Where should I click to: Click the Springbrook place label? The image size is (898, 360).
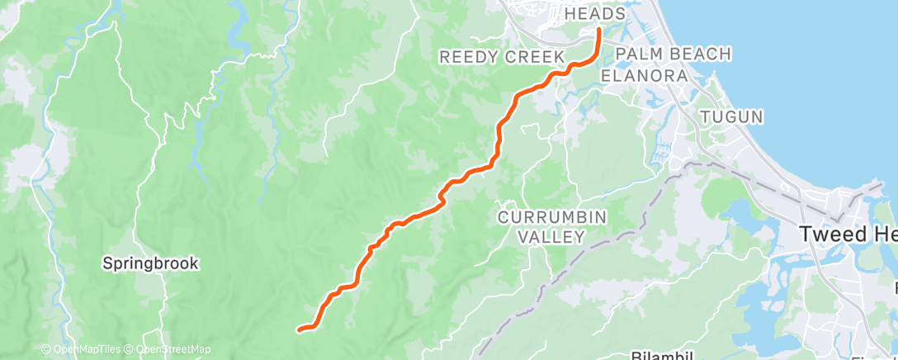point(149,263)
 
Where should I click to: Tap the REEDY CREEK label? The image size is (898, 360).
point(501,57)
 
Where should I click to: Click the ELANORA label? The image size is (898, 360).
point(644,75)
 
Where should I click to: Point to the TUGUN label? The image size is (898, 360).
point(731,116)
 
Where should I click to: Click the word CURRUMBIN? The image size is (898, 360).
point(551,217)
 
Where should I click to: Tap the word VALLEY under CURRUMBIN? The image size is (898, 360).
point(551,237)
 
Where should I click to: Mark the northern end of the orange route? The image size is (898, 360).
point(598,31)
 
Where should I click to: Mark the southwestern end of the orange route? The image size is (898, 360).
point(298,329)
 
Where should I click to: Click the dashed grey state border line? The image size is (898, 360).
point(578,240)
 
